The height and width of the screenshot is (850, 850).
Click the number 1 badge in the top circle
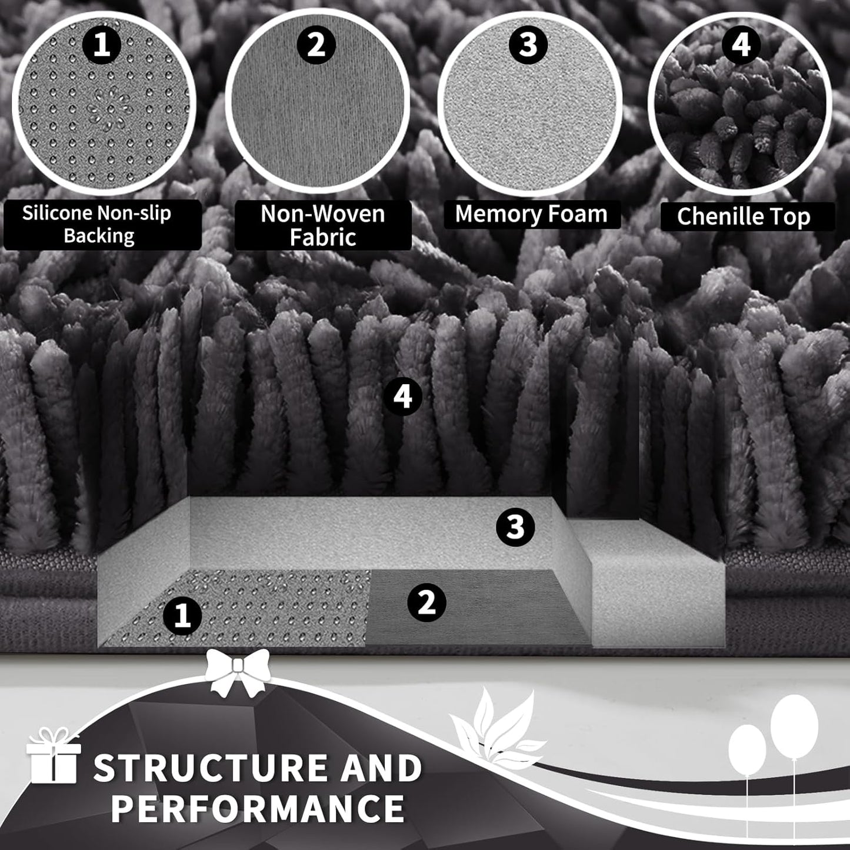tap(102, 45)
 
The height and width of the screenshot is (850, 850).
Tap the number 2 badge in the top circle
tap(316, 45)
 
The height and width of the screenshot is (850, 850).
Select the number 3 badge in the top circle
tap(528, 45)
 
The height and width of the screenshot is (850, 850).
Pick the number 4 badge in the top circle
tap(741, 45)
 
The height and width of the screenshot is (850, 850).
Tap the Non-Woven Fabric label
tap(323, 225)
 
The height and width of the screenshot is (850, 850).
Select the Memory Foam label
tap(532, 214)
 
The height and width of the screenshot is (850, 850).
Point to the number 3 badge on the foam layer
tap(515, 526)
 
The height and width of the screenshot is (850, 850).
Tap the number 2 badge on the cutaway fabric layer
tap(426, 602)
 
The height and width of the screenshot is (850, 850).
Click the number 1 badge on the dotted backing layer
tap(182, 616)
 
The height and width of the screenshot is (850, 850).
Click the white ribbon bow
tap(238, 672)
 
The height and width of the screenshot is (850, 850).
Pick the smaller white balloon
tap(747, 750)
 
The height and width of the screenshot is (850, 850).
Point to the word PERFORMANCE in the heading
tap(258, 808)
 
